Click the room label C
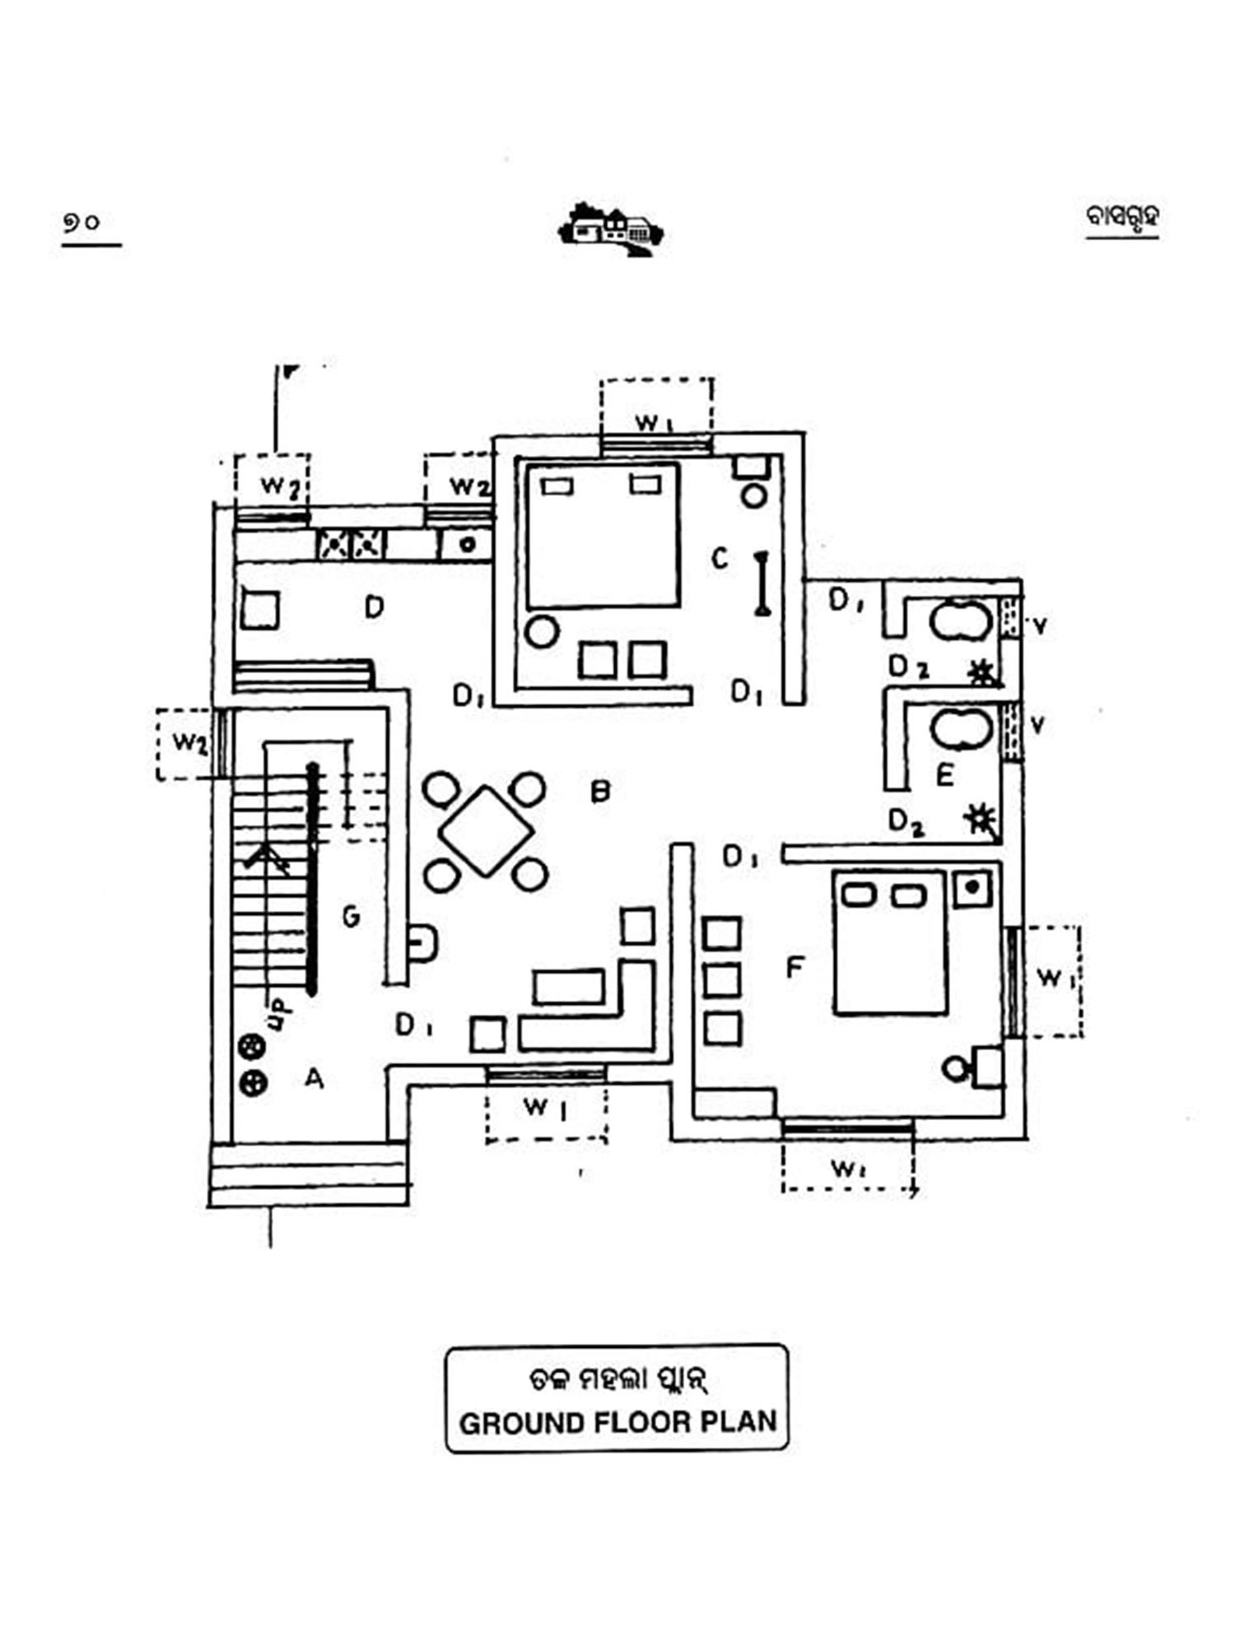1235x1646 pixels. pos(720,560)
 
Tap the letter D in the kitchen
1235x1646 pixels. pos(375,608)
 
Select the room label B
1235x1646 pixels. pos(601,792)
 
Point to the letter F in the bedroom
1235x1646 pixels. pos(795,968)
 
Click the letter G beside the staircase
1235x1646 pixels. pos(352,916)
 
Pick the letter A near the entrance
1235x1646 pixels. pos(314,1078)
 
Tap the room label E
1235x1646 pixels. pos(944,775)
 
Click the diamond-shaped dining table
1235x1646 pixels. pos(486,831)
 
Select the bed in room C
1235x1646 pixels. pos(604,535)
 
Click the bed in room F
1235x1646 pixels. pos(890,943)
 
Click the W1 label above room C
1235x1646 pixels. pos(655,423)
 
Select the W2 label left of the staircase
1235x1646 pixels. pos(189,742)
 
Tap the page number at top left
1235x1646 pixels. pos(82,222)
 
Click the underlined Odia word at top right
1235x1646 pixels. pos(1122,217)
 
